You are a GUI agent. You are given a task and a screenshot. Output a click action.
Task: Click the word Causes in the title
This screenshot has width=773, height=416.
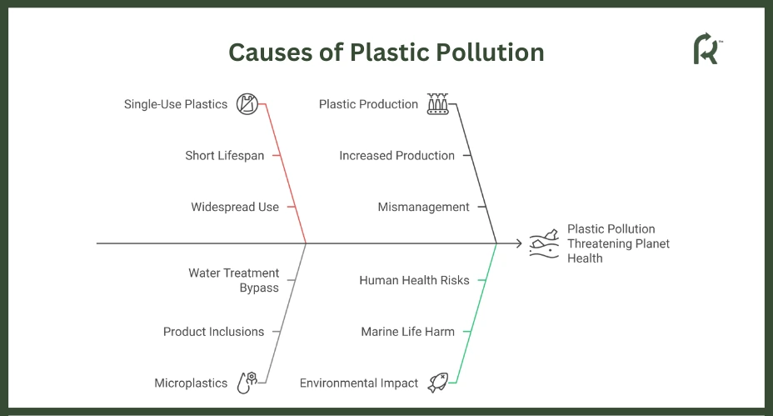click(271, 53)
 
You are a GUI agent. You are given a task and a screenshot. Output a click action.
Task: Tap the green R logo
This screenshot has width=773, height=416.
click(707, 48)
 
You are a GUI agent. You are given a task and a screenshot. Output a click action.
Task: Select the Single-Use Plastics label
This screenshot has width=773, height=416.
click(176, 104)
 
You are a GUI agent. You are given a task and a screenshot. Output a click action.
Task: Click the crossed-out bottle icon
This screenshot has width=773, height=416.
click(247, 104)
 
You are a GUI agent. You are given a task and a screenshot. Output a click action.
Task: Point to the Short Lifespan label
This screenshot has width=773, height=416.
click(225, 156)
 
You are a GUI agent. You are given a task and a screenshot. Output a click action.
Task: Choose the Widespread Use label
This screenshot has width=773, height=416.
click(235, 207)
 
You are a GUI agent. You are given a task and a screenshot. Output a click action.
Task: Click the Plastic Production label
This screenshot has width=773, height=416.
click(368, 104)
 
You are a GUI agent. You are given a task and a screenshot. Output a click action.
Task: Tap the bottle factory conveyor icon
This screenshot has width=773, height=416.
click(438, 104)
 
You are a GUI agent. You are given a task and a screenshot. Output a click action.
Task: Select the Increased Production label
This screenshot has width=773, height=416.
click(396, 155)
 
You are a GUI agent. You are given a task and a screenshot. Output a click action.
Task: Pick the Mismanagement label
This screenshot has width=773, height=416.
click(423, 208)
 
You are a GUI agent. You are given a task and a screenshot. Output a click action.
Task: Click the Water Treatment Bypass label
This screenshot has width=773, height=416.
click(234, 280)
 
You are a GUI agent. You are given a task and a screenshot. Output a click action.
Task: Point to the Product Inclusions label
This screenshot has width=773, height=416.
click(213, 332)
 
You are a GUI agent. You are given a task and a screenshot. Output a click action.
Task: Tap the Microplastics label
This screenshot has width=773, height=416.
click(191, 383)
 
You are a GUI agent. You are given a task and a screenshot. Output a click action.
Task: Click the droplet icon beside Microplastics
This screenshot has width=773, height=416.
click(247, 383)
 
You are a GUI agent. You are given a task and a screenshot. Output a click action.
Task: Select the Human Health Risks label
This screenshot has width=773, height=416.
click(414, 280)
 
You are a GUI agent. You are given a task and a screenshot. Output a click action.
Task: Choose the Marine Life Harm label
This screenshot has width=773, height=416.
click(407, 332)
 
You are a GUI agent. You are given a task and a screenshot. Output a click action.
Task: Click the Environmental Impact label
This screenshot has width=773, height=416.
click(359, 383)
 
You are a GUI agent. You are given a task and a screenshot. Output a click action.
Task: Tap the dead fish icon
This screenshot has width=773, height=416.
click(438, 383)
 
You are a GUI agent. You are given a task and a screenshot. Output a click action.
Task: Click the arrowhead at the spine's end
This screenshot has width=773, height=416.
click(519, 243)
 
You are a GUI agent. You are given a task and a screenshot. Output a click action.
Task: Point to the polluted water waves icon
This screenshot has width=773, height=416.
click(544, 243)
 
